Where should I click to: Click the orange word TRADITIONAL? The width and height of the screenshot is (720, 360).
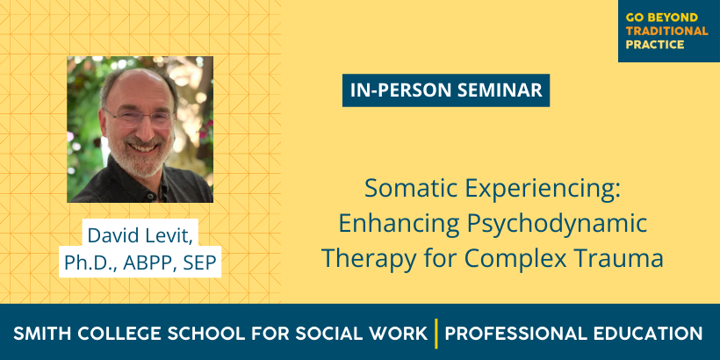click(666, 32)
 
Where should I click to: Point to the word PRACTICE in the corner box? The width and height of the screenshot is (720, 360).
click(655, 45)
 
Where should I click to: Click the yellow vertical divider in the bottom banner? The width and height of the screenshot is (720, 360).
click(436, 334)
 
